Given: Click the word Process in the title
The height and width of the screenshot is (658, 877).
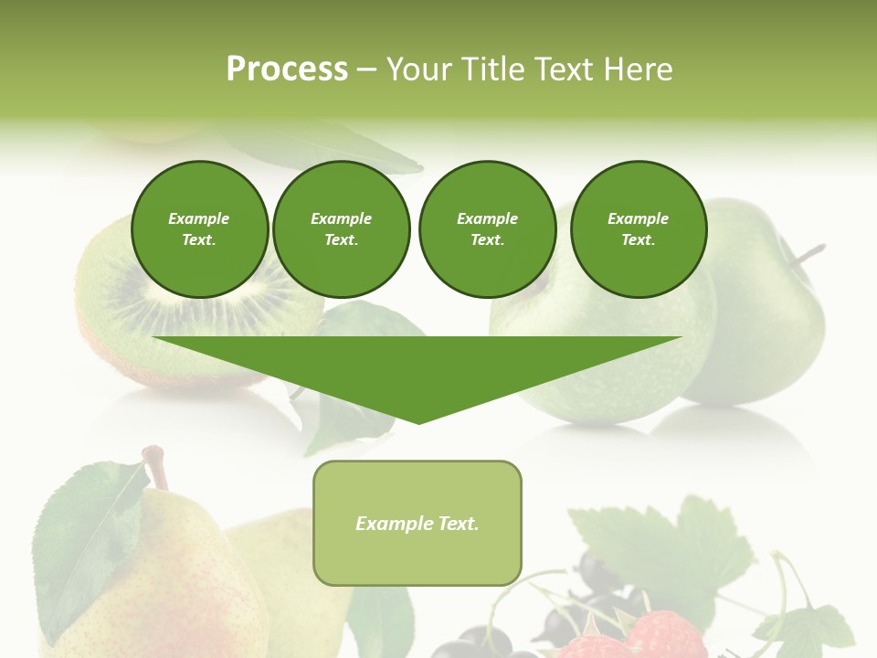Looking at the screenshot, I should click(287, 69).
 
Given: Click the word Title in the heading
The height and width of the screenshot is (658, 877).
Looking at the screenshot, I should click(491, 69).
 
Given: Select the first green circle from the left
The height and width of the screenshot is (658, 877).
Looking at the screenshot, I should click(199, 229).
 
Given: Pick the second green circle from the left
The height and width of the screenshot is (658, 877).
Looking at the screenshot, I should click(341, 229).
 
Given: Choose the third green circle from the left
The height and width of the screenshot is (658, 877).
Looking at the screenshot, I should click(487, 229).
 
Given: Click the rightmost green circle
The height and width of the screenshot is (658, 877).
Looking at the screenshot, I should click(638, 229).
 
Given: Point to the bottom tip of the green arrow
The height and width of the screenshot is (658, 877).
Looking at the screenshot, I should click(418, 421).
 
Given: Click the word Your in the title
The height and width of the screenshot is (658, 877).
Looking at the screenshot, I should click(423, 69).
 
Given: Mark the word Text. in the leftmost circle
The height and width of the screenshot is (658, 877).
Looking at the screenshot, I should click(199, 240).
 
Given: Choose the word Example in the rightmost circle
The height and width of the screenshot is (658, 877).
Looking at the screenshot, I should click(638, 218).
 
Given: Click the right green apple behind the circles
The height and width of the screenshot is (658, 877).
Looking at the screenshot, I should click(767, 329).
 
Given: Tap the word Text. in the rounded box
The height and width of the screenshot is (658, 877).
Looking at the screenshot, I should click(458, 524).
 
